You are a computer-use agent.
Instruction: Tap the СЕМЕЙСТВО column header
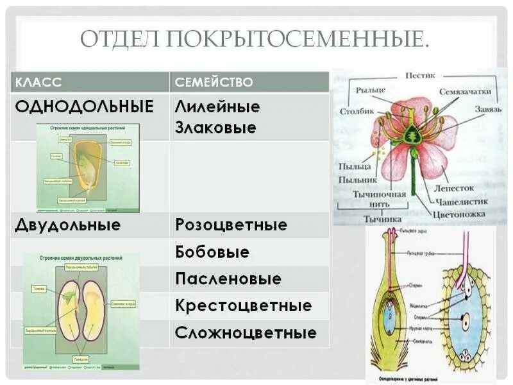click(x=214, y=83)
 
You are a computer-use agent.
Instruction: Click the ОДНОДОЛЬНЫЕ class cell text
click(x=85, y=107)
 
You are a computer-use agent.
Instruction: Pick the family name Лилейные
click(x=217, y=107)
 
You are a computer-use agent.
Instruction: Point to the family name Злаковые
click(x=215, y=128)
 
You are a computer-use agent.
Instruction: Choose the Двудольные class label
click(x=67, y=225)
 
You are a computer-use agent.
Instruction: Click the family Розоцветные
click(x=231, y=225)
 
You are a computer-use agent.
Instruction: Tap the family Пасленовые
click(x=228, y=279)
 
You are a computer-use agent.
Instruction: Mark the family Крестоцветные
click(x=243, y=306)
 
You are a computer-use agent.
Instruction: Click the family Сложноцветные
click(x=246, y=333)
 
